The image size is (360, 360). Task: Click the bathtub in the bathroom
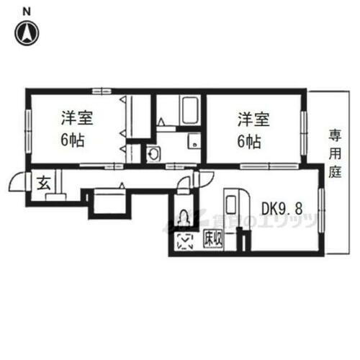(189, 109)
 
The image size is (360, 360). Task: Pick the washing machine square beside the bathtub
(194, 142)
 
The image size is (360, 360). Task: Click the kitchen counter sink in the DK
(235, 212)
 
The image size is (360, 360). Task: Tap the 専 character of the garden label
(335, 135)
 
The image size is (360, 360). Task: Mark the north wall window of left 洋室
(102, 90)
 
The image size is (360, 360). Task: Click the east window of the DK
(322, 208)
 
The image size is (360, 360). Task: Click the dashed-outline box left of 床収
(185, 242)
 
